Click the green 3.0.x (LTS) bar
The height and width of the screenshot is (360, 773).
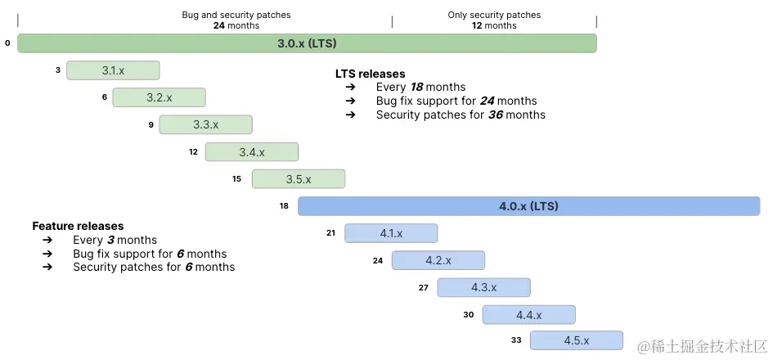307,43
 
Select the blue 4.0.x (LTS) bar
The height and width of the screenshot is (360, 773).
528,206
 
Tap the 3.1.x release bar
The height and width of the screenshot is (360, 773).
113,70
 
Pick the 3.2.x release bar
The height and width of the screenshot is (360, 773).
159,97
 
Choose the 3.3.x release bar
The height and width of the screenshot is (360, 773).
205,124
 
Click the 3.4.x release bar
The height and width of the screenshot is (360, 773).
251,152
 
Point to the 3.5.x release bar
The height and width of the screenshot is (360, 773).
299,179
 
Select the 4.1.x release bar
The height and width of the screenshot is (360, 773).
391,233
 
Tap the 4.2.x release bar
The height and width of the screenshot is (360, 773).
438,260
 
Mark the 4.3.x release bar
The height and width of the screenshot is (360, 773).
483,287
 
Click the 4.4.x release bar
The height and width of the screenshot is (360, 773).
528,315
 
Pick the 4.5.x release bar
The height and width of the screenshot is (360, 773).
576,340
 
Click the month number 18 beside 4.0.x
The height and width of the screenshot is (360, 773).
284,206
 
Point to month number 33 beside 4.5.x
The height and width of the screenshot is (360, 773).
516,340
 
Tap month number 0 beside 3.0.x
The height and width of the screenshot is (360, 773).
7,43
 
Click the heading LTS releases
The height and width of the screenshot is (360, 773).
370,74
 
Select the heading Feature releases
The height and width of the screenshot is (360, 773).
78,226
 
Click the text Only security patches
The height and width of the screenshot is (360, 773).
494,15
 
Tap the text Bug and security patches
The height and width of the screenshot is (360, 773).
236,15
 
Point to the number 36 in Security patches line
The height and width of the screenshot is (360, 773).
495,115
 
